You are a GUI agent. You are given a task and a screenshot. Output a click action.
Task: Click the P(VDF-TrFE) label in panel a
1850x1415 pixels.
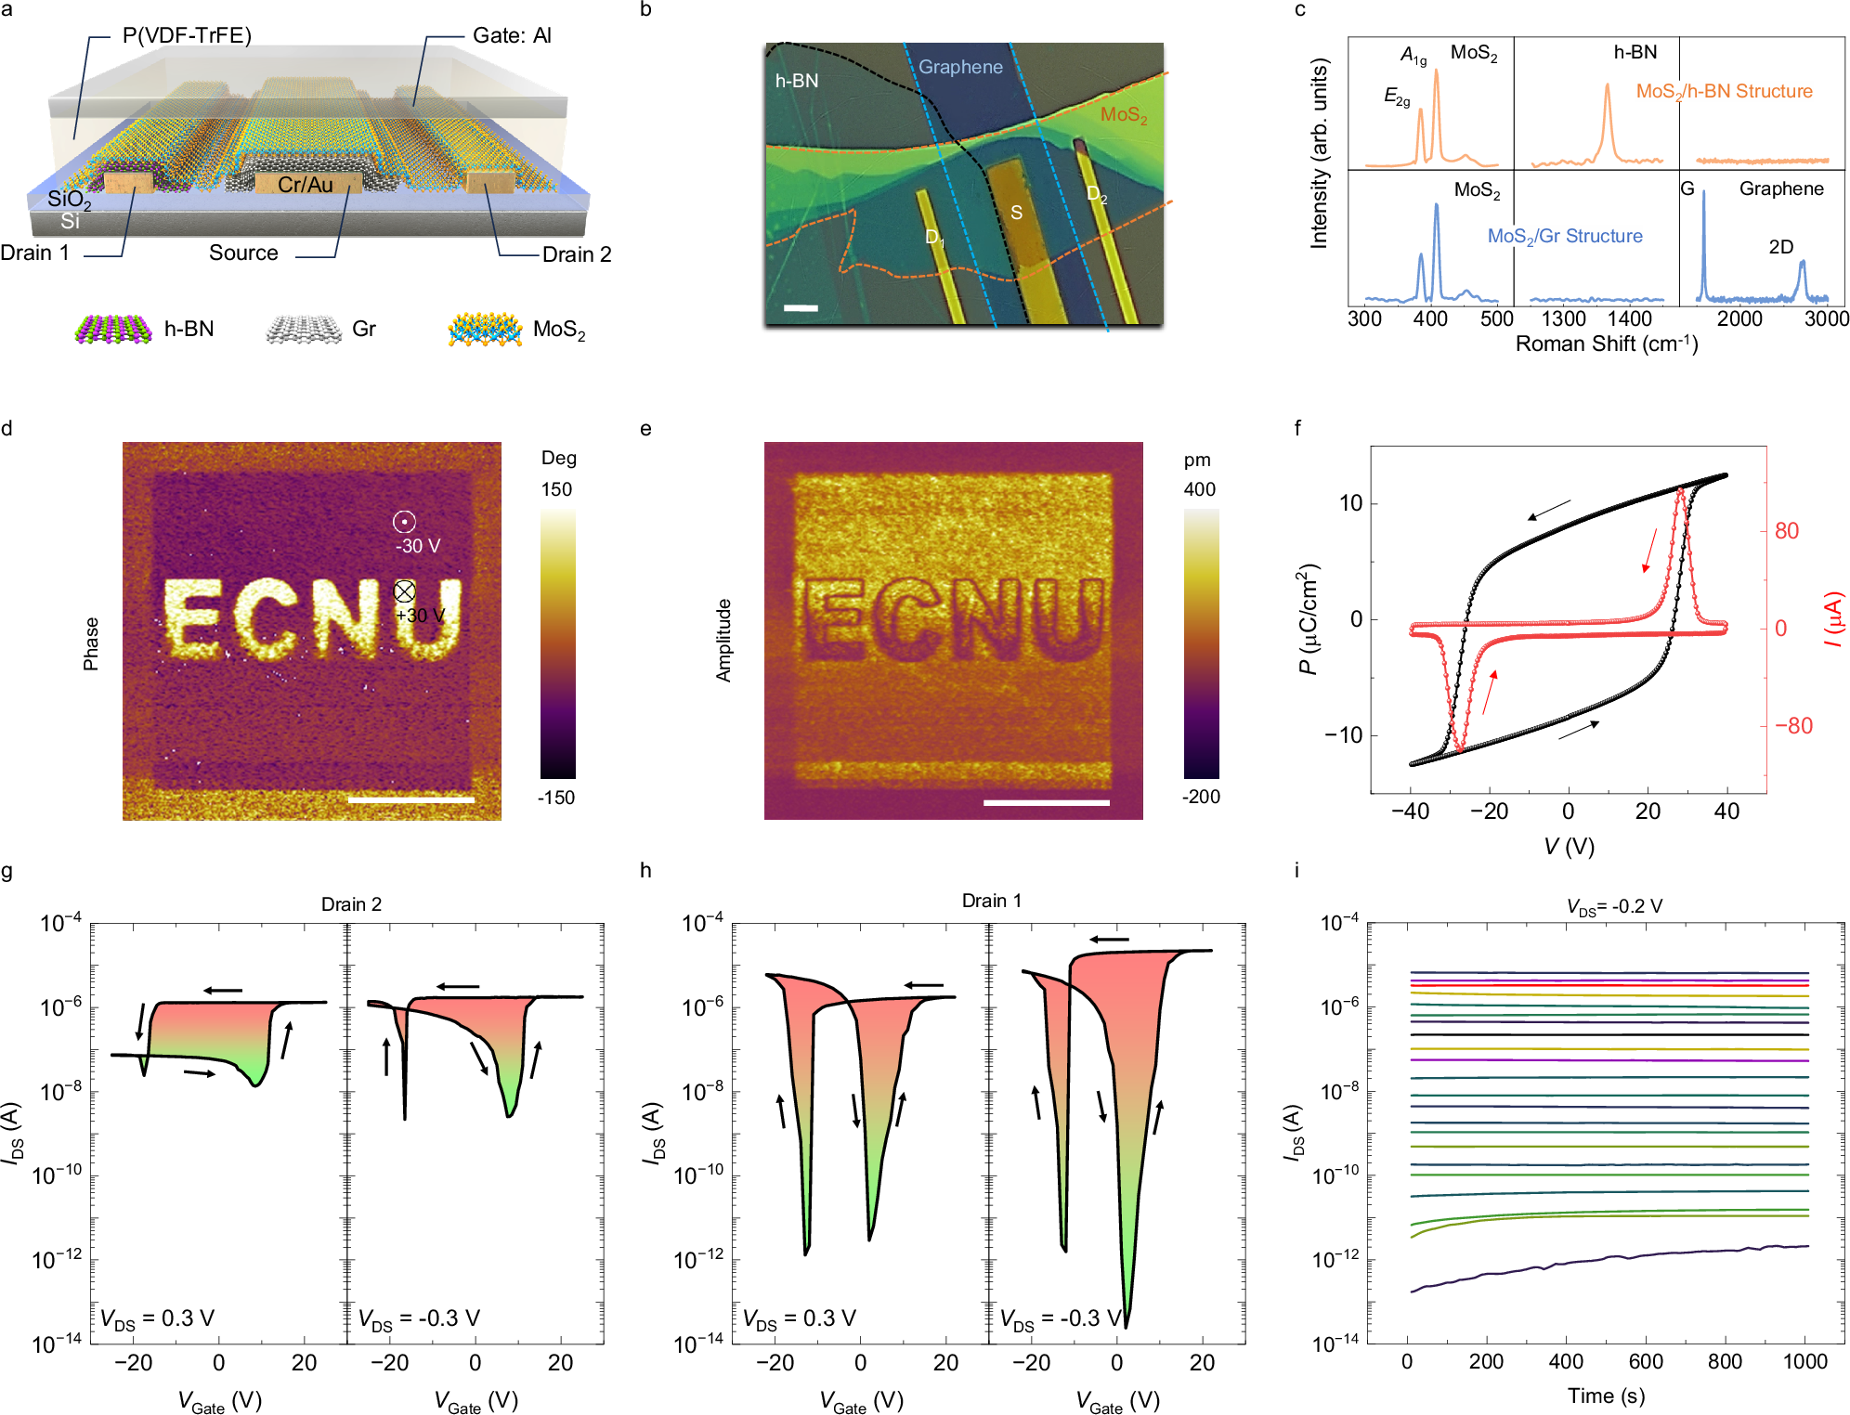pos(187,35)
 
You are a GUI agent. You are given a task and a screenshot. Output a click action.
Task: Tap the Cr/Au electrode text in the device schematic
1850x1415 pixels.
pos(305,185)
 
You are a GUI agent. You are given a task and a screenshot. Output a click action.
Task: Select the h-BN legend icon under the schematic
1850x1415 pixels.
pos(113,330)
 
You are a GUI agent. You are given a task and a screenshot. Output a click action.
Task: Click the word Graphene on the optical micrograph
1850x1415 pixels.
pos(960,67)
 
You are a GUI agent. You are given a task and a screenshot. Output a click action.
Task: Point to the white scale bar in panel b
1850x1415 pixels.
pos(801,307)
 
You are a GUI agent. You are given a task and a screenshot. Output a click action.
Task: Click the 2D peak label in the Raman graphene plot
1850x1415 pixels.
pos(1780,247)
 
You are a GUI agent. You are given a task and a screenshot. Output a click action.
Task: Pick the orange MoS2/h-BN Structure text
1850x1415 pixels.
pos(1724,91)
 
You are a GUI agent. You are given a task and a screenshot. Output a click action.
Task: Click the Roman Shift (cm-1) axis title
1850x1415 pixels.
pos(1606,344)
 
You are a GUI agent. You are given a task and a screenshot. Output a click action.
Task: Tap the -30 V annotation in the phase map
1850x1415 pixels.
pos(418,546)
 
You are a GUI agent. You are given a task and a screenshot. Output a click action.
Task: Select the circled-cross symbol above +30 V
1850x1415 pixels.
pos(404,591)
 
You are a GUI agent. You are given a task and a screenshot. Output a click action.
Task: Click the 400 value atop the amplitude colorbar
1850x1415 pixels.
pos(1199,489)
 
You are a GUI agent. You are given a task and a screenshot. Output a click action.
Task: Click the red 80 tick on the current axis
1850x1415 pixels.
pos(1786,531)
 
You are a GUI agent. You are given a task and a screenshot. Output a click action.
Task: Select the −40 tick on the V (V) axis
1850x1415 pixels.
pos(1410,811)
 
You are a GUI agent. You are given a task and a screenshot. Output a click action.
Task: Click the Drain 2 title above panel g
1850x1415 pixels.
pos(351,904)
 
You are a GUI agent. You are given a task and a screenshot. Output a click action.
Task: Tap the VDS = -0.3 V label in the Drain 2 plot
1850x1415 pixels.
pos(419,1318)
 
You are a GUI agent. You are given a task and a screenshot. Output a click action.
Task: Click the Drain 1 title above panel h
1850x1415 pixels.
pos(991,901)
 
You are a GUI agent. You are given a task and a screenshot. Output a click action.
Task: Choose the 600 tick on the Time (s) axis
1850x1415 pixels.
pos(1645,1362)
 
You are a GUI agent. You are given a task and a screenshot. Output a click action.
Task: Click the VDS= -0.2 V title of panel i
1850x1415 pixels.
pos(1614,906)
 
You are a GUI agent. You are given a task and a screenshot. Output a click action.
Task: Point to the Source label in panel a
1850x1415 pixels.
pos(243,253)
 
